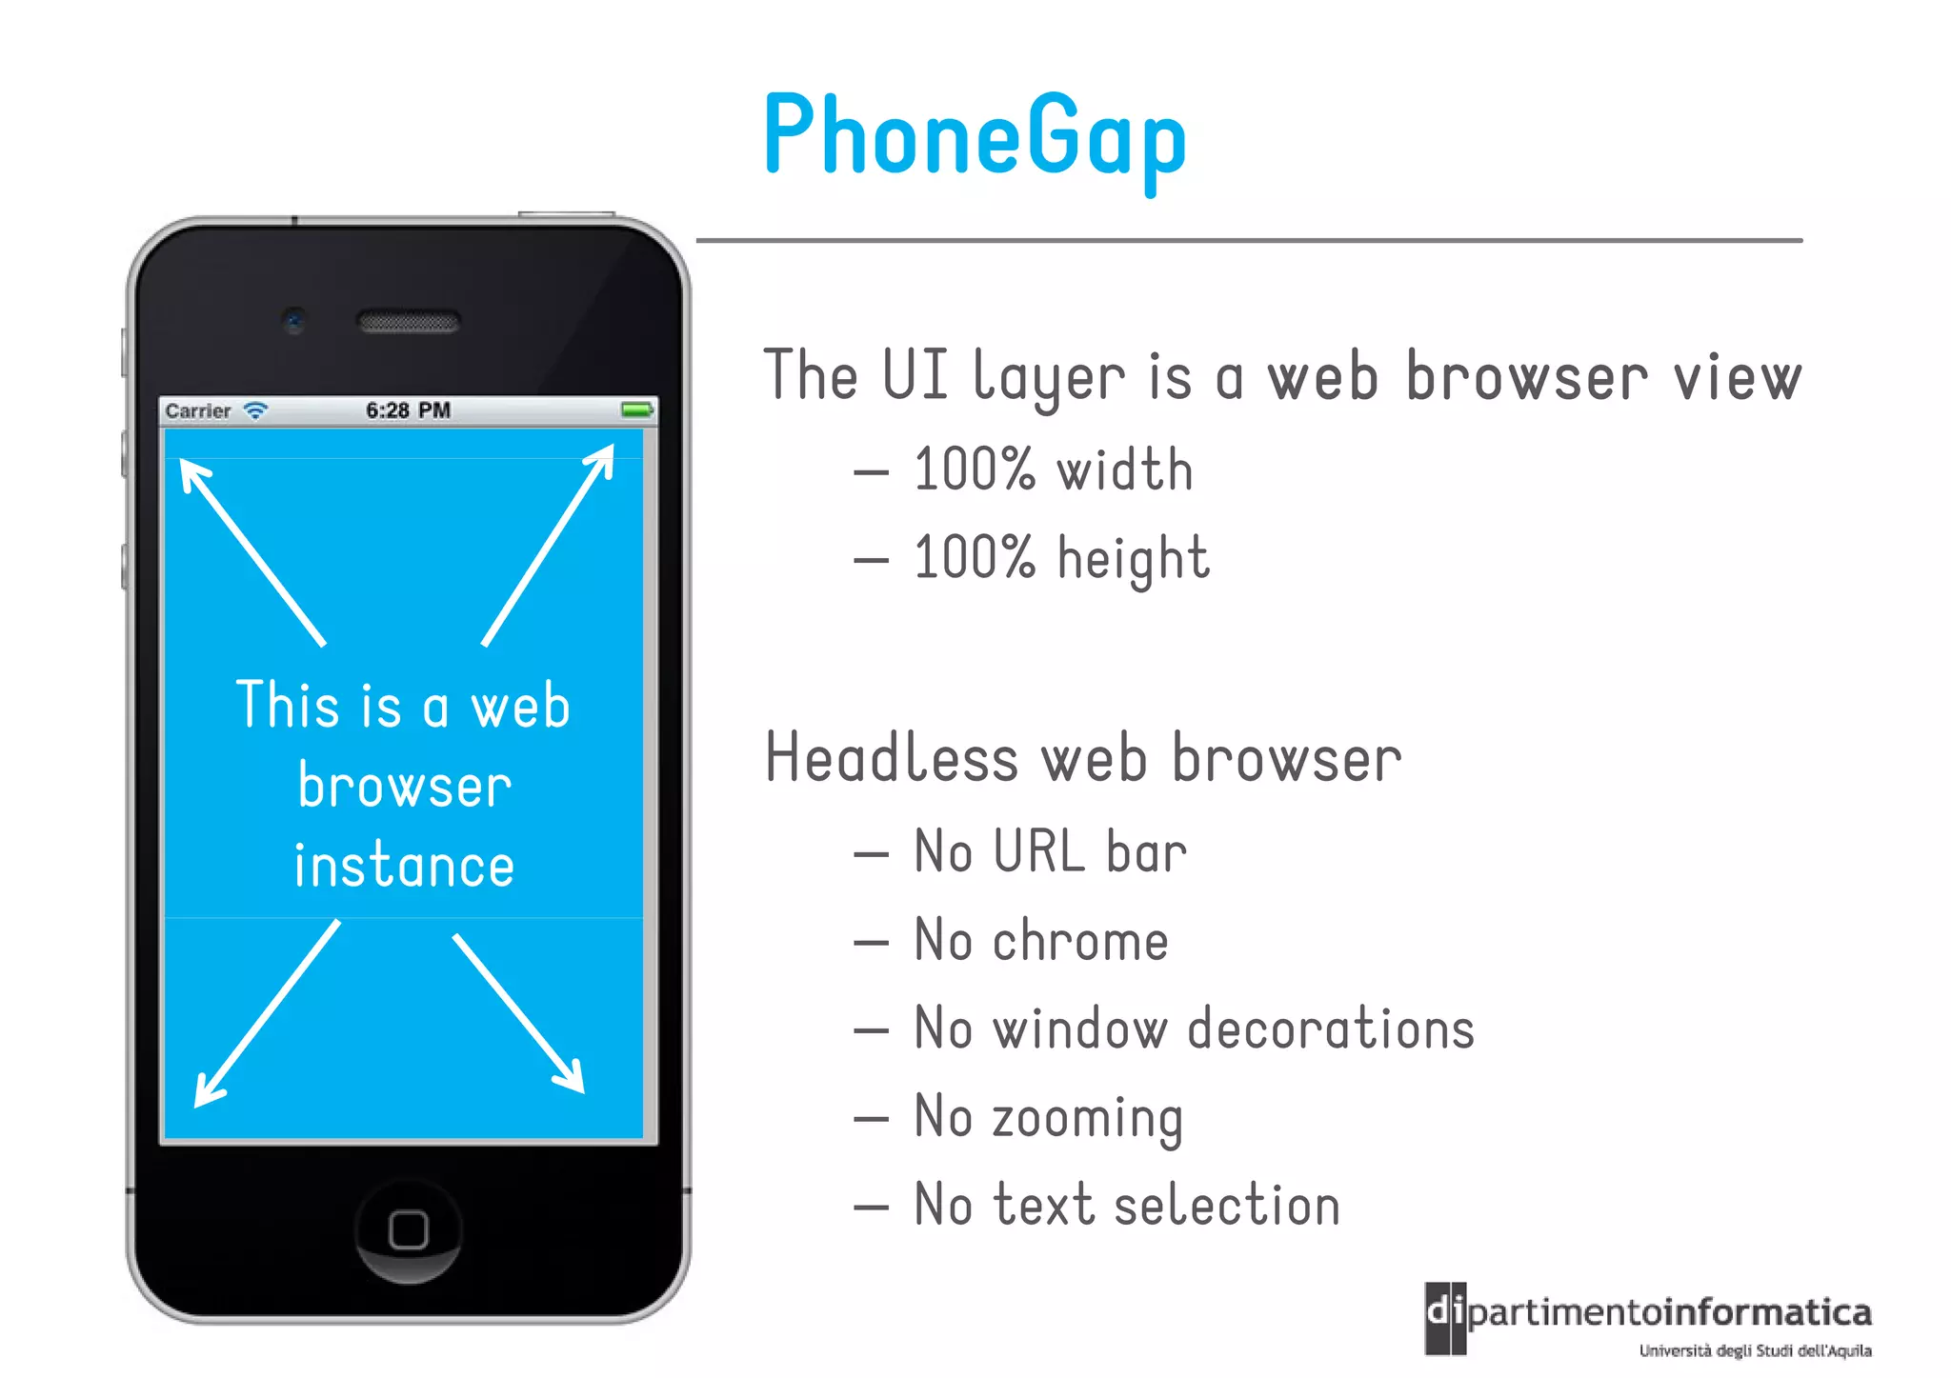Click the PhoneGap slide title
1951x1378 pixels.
tap(975, 135)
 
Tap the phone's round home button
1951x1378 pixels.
tap(409, 1229)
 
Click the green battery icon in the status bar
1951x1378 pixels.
tap(636, 410)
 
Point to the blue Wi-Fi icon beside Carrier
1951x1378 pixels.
tap(255, 410)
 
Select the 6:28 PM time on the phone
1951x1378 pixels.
tap(408, 410)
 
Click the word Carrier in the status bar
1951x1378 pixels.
tap(198, 411)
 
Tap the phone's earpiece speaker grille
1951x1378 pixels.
tap(409, 323)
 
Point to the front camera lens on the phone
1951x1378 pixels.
tap(294, 320)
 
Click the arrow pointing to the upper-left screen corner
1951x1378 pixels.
tap(251, 552)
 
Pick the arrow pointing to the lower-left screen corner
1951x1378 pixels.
tap(266, 1013)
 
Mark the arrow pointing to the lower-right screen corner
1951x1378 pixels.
tap(518, 1013)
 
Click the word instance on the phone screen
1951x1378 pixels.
tap(404, 866)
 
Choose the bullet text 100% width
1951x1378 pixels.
tap(1053, 469)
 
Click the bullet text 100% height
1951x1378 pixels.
tap(1061, 558)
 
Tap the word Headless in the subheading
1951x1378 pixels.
tap(892, 759)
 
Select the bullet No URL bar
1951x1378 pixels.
tap(1050, 851)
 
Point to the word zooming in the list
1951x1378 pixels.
tap(1087, 1118)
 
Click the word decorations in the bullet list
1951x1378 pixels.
tap(1331, 1029)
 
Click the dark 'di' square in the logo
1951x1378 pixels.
tap(1445, 1317)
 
